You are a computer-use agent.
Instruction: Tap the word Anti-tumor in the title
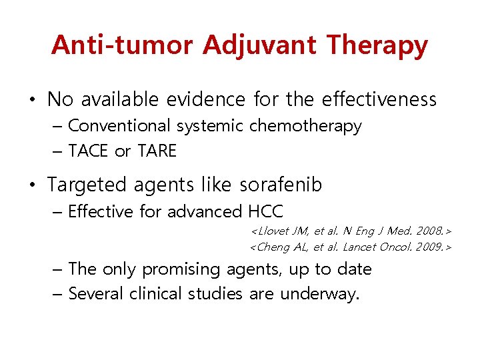click(122, 45)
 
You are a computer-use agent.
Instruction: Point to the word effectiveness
click(379, 100)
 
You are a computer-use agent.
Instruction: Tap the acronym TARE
click(157, 151)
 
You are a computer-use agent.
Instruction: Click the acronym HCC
click(265, 212)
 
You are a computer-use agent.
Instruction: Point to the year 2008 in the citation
click(428, 231)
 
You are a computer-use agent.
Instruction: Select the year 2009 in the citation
click(428, 247)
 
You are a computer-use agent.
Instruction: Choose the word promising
click(184, 269)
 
